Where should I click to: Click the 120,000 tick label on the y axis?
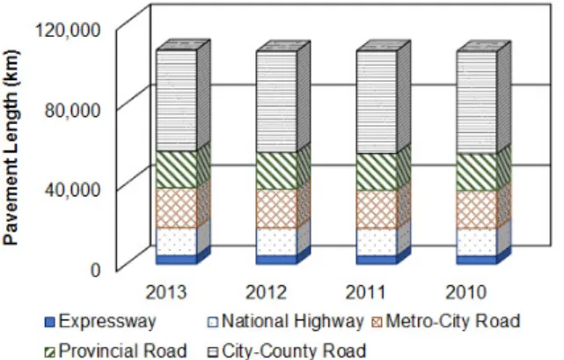[x=67, y=30]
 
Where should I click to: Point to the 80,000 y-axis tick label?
[x=73, y=110]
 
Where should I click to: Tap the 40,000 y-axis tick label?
[x=72, y=190]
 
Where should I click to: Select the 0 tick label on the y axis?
[x=95, y=270]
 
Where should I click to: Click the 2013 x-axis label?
[x=166, y=292]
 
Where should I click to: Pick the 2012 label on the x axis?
[x=267, y=292]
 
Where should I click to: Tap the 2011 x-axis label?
[x=366, y=292]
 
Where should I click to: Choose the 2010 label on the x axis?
[x=466, y=292]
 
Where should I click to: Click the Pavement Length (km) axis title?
[x=11, y=148]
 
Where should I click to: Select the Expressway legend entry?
[x=100, y=321]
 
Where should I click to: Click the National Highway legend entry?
[x=286, y=321]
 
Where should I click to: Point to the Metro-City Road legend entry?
[x=446, y=321]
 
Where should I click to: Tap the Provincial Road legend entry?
[x=116, y=350]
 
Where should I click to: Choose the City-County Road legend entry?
[x=288, y=350]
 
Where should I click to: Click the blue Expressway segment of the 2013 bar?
[x=177, y=260]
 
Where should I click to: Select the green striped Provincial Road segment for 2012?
[x=276, y=171]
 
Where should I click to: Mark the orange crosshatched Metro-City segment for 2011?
[x=377, y=209]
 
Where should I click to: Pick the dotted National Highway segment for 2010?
[x=477, y=242]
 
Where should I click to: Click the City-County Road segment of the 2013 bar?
[x=177, y=100]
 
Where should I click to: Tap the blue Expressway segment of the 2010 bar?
[x=477, y=260]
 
